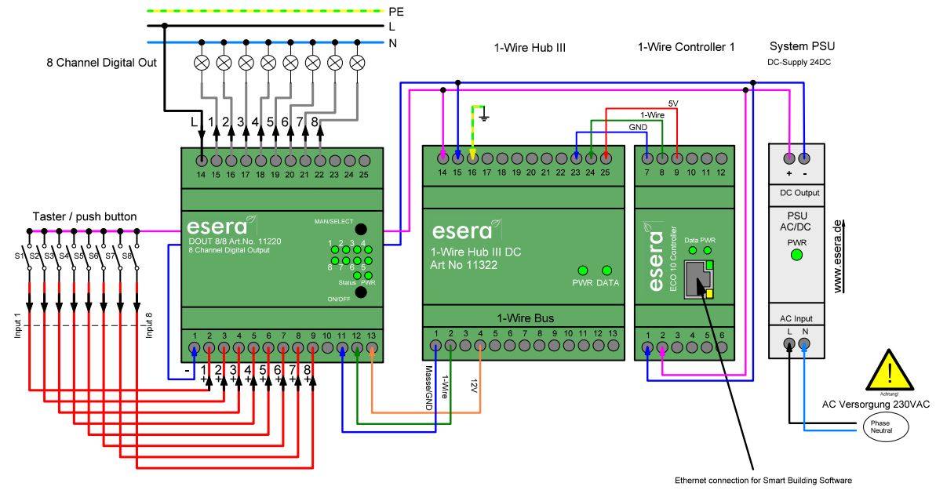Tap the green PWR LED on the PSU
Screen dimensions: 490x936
(796, 255)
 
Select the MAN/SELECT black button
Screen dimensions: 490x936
(361, 230)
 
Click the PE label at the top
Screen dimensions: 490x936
(396, 11)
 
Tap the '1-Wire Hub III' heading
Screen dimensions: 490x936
(530, 48)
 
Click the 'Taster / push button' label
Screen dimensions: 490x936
(85, 216)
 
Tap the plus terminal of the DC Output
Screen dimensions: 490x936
(788, 155)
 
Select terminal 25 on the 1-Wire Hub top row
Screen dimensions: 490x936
(605, 159)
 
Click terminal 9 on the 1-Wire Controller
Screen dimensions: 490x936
(676, 159)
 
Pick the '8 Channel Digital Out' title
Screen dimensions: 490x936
(100, 61)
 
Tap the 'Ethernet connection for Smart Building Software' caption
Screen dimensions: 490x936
(763, 479)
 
